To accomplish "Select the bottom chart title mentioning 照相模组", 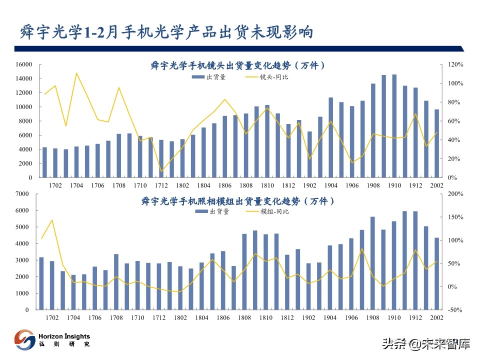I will click(238, 201).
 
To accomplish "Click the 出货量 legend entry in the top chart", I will click(209, 77).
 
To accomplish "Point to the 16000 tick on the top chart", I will click(23, 64).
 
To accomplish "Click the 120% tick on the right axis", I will click(455, 64).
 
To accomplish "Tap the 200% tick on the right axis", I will click(455, 194).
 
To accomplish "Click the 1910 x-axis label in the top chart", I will click(394, 185).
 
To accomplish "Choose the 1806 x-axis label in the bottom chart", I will click(223, 318).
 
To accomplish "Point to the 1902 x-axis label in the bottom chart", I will click(309, 318).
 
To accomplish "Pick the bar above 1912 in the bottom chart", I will click(415, 260).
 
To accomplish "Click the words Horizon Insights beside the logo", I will click(64, 336).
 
